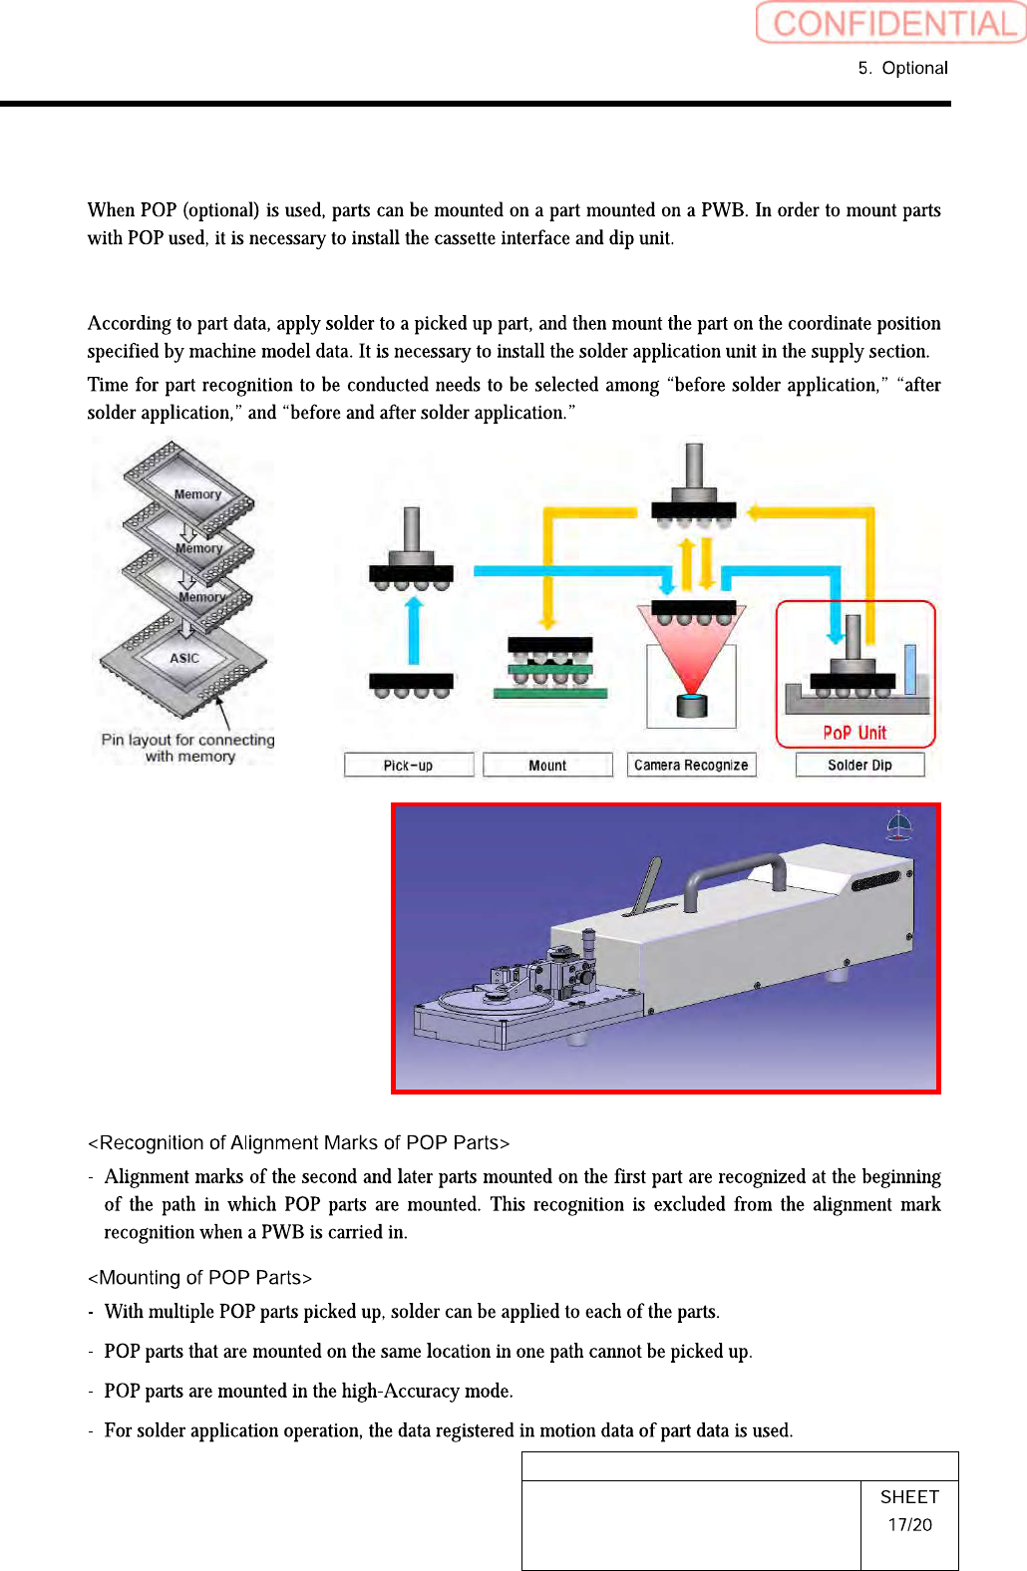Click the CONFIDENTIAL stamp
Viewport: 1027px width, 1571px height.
point(890,23)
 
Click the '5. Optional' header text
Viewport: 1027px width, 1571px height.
point(902,68)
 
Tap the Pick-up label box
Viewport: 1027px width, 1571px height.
point(408,765)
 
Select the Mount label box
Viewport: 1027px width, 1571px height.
point(547,765)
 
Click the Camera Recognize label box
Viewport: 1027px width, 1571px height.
point(691,765)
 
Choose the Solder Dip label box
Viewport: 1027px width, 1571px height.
point(859,765)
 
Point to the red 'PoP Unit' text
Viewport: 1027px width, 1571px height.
point(855,733)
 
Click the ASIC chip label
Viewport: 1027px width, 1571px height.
point(184,658)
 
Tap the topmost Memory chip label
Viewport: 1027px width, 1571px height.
point(197,494)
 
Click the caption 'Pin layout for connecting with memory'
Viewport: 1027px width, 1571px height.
point(187,748)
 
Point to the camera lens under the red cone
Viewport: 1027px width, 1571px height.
point(691,705)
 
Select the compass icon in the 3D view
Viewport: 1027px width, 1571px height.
point(899,825)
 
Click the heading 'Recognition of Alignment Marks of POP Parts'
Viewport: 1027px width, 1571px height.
point(299,1142)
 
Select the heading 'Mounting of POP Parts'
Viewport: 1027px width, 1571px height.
point(200,1278)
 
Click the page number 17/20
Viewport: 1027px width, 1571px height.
point(909,1525)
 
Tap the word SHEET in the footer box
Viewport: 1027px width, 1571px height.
point(909,1497)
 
